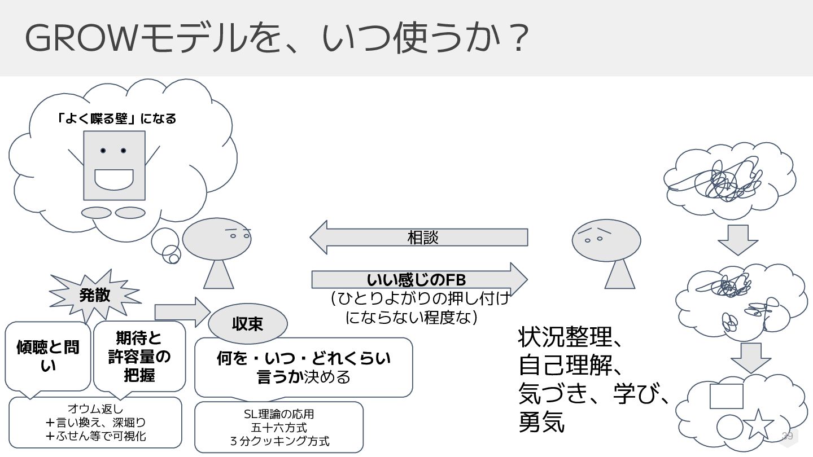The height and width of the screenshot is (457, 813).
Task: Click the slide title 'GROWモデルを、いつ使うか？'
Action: click(x=277, y=38)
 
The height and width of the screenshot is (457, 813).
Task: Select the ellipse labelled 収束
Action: click(x=248, y=324)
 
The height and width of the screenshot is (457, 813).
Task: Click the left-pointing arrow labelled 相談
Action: click(x=421, y=237)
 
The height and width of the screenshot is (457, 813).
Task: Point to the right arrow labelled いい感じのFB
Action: click(x=418, y=279)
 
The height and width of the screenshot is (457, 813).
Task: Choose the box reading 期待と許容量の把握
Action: click(x=139, y=356)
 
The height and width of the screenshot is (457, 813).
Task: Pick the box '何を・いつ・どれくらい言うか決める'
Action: click(x=304, y=367)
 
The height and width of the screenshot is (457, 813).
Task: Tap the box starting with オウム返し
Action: click(x=95, y=422)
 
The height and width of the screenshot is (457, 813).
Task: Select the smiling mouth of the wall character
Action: click(x=114, y=179)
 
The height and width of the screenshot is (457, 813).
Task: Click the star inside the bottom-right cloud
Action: click(x=758, y=424)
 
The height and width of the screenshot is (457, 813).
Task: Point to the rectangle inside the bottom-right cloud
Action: click(x=726, y=396)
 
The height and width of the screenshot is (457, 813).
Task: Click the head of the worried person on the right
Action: click(x=606, y=239)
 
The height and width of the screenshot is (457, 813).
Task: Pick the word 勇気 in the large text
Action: click(x=541, y=423)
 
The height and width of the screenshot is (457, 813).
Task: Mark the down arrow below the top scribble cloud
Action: click(x=737, y=239)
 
